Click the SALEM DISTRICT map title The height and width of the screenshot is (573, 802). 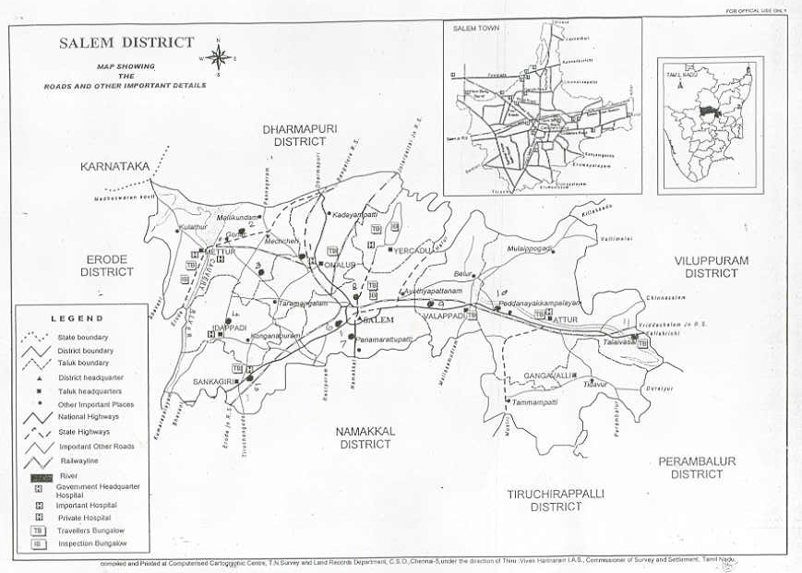[126, 42]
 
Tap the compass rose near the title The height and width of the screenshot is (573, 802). [219, 58]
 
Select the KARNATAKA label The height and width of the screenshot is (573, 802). [114, 167]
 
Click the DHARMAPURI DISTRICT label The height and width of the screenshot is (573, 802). [294, 135]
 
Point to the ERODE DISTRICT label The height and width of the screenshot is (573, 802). [106, 266]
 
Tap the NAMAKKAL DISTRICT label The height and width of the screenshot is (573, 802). [365, 436]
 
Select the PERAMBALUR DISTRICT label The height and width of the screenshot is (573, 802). [697, 467]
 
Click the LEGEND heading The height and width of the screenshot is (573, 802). [76, 317]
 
